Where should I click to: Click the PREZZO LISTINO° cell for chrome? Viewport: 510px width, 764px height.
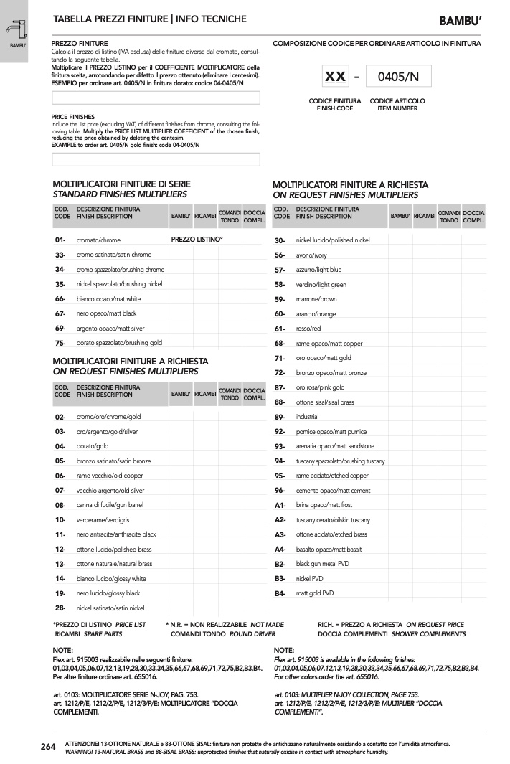point(197,239)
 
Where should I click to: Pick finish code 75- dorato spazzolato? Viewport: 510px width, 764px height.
point(60,343)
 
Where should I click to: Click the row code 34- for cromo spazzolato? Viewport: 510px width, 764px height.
point(60,269)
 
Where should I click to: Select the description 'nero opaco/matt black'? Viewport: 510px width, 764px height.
point(106,313)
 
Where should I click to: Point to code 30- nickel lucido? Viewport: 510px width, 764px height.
point(280,240)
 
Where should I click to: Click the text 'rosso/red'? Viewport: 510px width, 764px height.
point(308,329)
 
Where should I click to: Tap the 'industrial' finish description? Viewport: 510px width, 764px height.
point(307,416)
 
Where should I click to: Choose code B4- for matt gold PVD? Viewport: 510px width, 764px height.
point(280,593)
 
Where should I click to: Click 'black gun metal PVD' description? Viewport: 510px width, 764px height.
point(322,564)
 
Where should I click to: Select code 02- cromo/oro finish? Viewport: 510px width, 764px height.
point(60,417)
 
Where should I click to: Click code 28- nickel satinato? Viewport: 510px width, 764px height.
point(60,608)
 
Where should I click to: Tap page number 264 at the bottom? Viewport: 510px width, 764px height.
point(48,747)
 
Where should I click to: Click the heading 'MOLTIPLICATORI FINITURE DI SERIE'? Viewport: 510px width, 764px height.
point(122,184)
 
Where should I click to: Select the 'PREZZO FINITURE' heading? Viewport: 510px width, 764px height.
point(80,44)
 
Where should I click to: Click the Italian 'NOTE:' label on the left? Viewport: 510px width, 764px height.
point(63,649)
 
